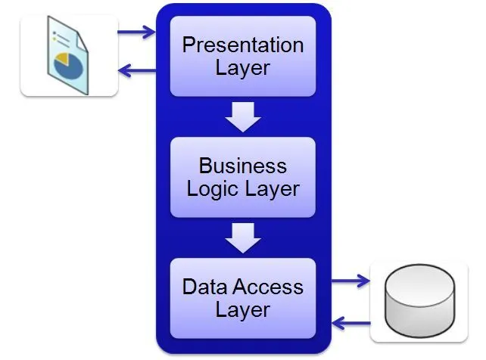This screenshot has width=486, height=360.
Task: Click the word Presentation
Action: (x=243, y=45)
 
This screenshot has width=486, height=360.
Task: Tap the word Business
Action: (x=243, y=166)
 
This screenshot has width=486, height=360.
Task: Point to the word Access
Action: (x=267, y=287)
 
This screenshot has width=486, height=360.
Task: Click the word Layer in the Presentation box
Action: (x=243, y=68)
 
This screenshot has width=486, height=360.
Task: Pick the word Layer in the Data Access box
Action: (x=243, y=310)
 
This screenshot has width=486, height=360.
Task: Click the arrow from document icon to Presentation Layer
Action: (x=136, y=32)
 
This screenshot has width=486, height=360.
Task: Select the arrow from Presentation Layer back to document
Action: (x=137, y=70)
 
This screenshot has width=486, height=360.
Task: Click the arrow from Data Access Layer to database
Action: (x=350, y=281)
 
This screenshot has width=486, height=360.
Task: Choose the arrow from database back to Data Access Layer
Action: (x=350, y=323)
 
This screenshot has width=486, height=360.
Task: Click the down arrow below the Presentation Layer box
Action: (x=243, y=117)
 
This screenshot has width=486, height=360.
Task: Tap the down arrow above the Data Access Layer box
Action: (x=243, y=237)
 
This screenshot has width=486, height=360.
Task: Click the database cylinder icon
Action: (x=420, y=301)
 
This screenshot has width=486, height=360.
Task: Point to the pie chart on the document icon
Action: (x=68, y=66)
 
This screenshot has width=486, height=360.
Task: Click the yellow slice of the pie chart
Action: (x=61, y=58)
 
